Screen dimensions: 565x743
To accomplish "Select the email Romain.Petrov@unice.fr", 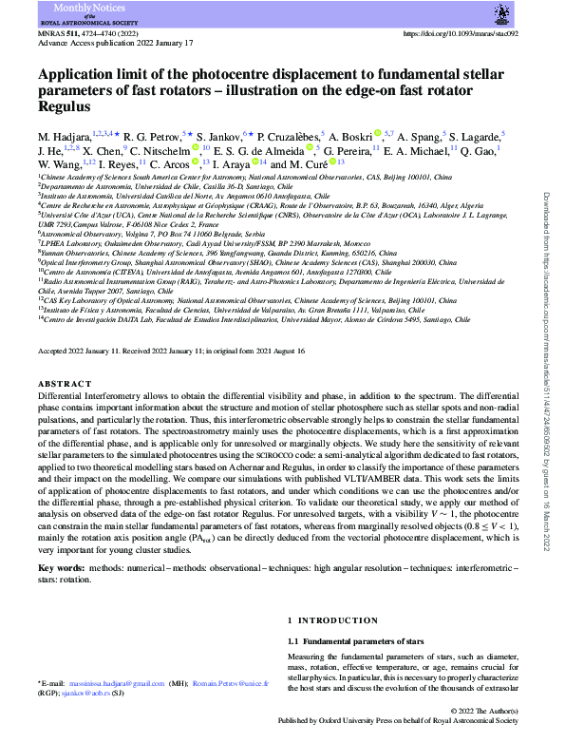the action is (x=219, y=684).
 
